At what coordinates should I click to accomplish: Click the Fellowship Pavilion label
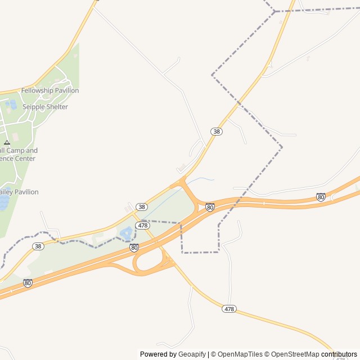pos(50,91)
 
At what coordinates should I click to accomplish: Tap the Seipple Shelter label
pos(45,107)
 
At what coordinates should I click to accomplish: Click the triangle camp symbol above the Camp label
pos(7,143)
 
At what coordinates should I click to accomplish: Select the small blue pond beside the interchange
pos(126,232)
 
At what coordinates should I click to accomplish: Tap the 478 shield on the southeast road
pos(229,309)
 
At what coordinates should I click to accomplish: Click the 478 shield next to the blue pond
pos(142,225)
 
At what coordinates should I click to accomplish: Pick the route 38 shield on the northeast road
pos(217,131)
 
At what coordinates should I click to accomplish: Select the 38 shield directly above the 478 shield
pos(142,207)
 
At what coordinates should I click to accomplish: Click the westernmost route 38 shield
pos(38,246)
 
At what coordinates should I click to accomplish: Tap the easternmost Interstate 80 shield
pos(321,197)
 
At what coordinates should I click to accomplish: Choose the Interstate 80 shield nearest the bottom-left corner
pos(28,283)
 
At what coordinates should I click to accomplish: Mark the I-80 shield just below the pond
pos(134,247)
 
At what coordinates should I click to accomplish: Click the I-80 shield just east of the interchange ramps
pos(210,207)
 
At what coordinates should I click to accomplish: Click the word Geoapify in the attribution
pos(192,354)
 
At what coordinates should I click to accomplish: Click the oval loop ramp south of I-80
pos(148,262)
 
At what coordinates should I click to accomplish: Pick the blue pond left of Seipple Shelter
pos(11,104)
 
